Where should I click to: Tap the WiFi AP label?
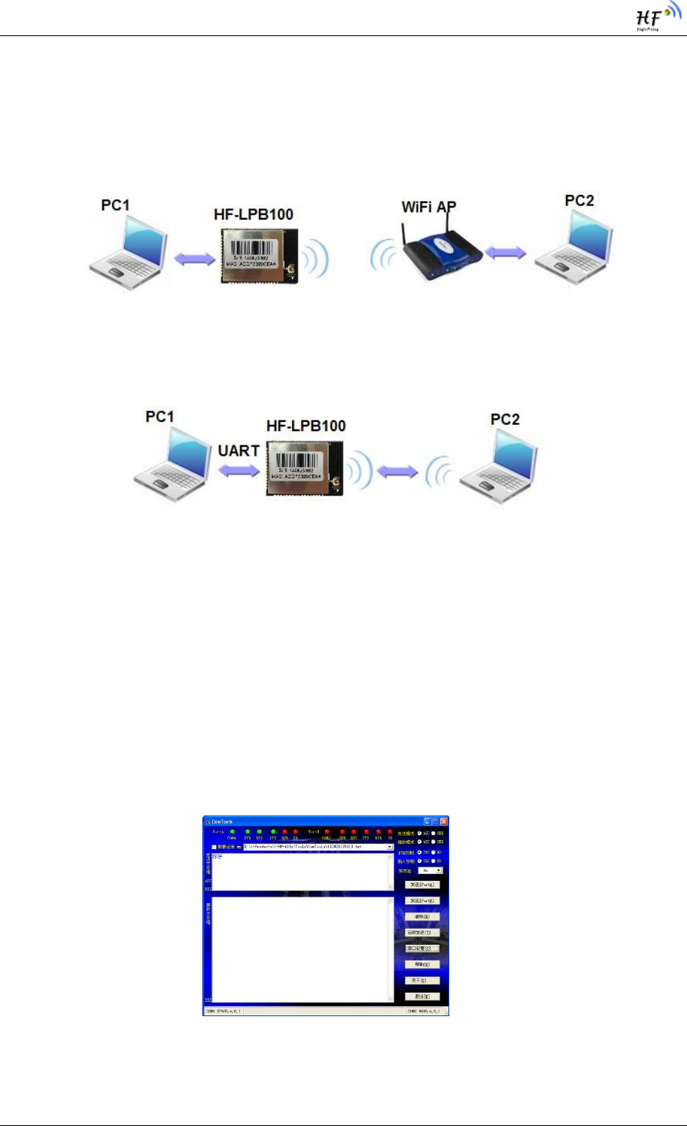point(428,207)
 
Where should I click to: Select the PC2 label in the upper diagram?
point(579,201)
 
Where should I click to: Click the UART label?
point(239,451)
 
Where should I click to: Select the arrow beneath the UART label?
point(239,469)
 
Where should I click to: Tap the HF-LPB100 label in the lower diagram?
point(306,426)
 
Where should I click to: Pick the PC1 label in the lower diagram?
point(160,417)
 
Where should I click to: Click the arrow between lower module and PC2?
point(397,472)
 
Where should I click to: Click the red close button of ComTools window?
point(444,821)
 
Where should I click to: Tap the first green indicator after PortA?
point(233,831)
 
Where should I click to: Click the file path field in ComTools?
point(316,847)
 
